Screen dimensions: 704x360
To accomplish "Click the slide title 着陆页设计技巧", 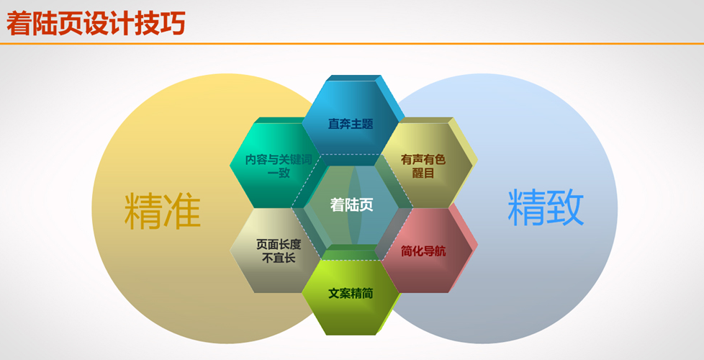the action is [96, 23].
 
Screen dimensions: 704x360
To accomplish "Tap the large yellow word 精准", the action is [162, 211].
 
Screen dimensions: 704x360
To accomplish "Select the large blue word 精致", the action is [546, 207].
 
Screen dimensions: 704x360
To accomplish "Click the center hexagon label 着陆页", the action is [351, 204].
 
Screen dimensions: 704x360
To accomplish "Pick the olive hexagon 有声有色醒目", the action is [423, 165].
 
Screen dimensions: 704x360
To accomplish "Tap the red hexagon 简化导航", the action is [423, 251].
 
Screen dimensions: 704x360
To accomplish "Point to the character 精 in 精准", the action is [143, 211].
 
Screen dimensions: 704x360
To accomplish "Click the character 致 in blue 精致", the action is [565, 207].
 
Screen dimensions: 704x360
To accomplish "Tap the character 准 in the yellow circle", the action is [181, 211].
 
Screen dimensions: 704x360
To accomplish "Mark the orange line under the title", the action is [352, 43].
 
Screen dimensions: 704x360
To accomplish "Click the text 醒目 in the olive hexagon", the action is [423, 173].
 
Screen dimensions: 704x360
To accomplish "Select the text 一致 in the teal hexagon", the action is [279, 173].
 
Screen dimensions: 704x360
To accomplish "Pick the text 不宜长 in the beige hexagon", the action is [279, 258].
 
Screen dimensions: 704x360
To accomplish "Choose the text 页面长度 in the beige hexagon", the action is [279, 244].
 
